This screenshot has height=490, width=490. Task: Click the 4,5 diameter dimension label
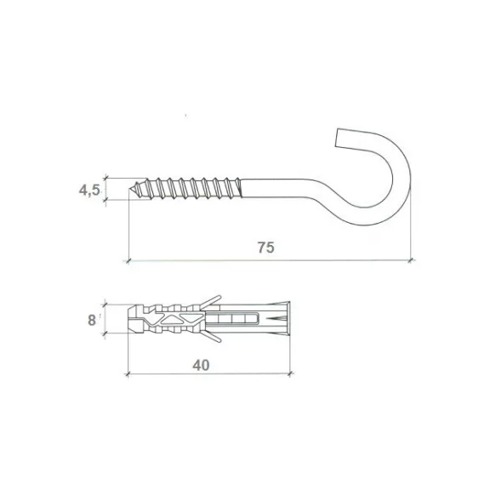pyautogui.click(x=89, y=190)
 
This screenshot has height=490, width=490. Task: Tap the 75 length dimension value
pyautogui.click(x=266, y=248)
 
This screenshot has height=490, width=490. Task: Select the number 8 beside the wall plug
pyautogui.click(x=92, y=321)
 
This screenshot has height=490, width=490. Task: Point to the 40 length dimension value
pyautogui.click(x=201, y=365)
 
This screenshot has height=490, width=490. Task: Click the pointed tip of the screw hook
pyautogui.click(x=129, y=189)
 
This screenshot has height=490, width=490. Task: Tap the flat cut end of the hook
pyautogui.click(x=337, y=138)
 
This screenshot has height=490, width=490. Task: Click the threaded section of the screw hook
pyautogui.click(x=187, y=189)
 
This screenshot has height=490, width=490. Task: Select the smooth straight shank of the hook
pyautogui.click(x=275, y=188)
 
